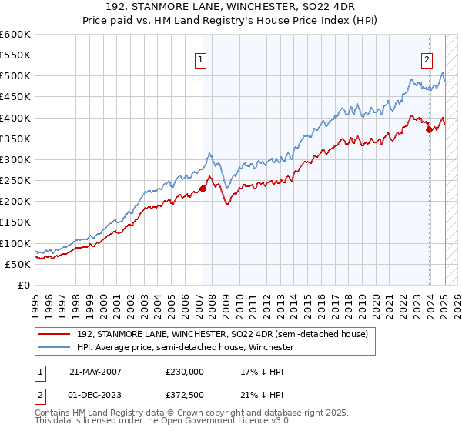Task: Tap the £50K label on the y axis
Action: [x=17, y=264]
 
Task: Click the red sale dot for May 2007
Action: [x=203, y=189]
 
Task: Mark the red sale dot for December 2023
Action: [x=429, y=129]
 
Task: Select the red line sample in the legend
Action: [x=55, y=335]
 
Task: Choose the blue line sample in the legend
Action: [x=55, y=348]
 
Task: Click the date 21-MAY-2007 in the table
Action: [x=95, y=371]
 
